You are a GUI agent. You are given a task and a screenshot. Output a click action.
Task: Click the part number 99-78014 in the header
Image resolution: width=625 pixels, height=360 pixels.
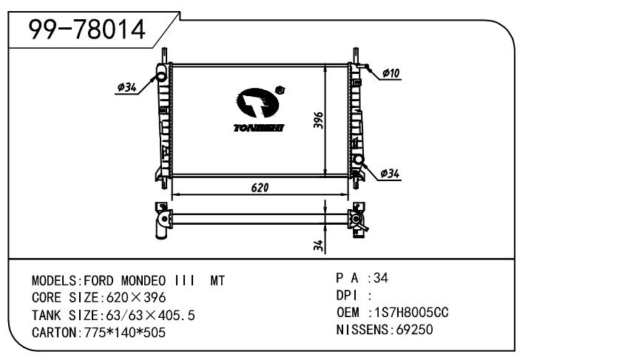[87, 30]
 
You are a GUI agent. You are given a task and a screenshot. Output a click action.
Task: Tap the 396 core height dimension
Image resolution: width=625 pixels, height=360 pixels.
[319, 120]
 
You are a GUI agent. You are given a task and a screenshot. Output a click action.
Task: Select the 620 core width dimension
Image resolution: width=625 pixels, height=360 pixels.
[260, 187]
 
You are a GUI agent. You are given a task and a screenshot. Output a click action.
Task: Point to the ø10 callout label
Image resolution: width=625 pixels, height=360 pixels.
[391, 73]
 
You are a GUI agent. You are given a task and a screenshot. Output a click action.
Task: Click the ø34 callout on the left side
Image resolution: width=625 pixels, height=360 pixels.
[127, 87]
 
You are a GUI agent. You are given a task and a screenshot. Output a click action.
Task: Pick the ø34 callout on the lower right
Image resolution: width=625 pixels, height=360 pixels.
[390, 174]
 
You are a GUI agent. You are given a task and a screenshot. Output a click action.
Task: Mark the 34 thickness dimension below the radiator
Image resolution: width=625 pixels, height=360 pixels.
[318, 245]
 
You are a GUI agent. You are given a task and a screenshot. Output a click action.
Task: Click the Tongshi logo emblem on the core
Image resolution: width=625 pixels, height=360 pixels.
[257, 103]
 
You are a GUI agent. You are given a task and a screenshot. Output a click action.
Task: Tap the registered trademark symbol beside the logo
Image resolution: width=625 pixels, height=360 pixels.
[280, 90]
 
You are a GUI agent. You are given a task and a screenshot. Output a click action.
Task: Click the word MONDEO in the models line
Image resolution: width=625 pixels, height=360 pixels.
[143, 281]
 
